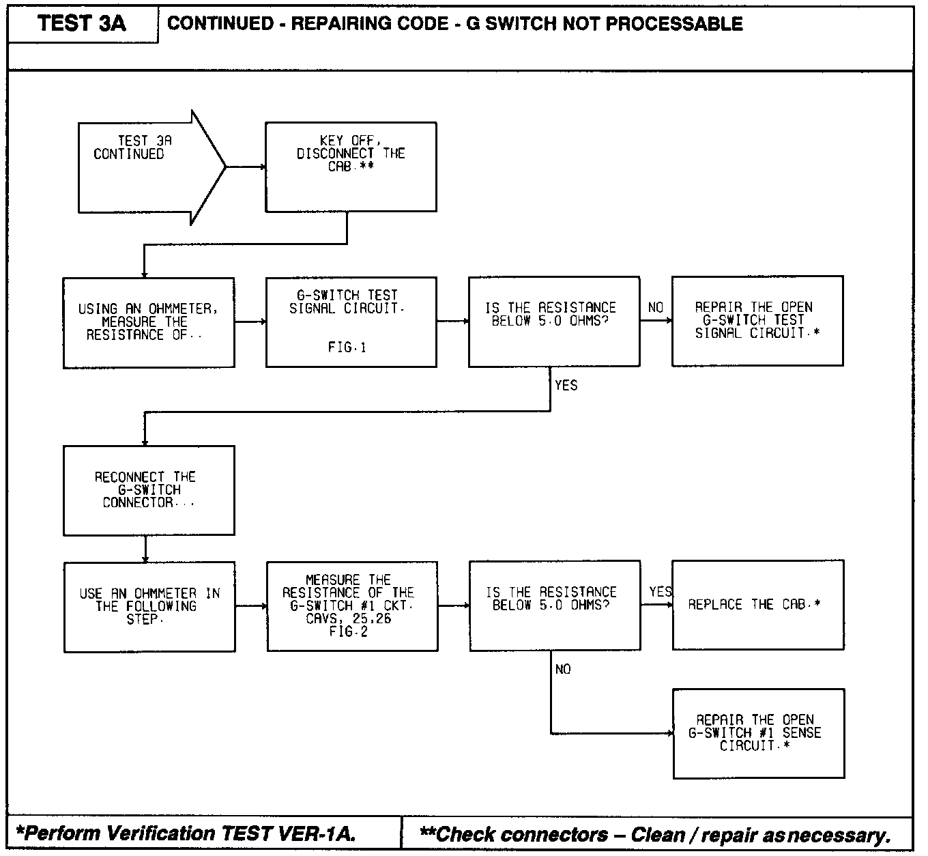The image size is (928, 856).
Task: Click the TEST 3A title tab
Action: pyautogui.click(x=82, y=24)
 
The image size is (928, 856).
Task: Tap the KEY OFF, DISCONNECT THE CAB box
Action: pyautogui.click(x=351, y=167)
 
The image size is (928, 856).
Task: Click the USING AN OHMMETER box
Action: pyautogui.click(x=149, y=322)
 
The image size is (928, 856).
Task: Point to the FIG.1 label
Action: pyautogui.click(x=347, y=347)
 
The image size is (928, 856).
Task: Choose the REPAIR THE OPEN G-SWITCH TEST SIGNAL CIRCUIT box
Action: pyautogui.click(x=757, y=321)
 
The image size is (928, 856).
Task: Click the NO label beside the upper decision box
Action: pyautogui.click(x=656, y=308)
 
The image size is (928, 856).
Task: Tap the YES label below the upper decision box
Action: pyautogui.click(x=566, y=386)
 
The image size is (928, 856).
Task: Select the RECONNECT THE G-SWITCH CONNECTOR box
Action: pyautogui.click(x=149, y=490)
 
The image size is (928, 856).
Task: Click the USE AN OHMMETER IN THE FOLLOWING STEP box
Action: pyautogui.click(x=149, y=606)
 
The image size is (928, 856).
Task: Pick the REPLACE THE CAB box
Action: pyautogui.click(x=757, y=605)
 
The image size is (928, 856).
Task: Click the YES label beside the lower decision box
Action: pyautogui.click(x=661, y=592)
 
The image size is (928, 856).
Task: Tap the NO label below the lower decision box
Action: pyautogui.click(x=563, y=670)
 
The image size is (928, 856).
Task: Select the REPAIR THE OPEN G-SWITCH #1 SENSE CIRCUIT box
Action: pyautogui.click(x=759, y=733)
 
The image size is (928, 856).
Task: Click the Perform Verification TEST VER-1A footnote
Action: pyautogui.click(x=186, y=833)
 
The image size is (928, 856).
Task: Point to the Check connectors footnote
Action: pyautogui.click(x=655, y=834)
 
